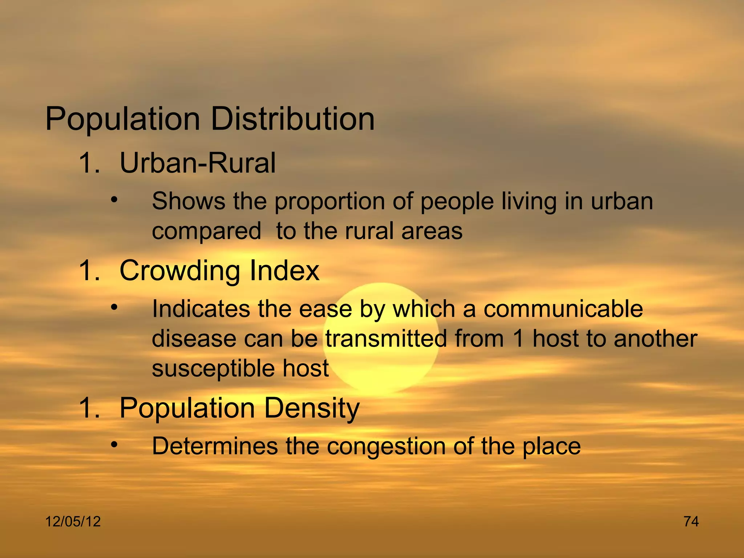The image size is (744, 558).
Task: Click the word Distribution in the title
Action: (x=292, y=119)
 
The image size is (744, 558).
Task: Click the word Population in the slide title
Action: (x=123, y=120)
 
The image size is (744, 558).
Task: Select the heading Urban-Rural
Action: (x=198, y=163)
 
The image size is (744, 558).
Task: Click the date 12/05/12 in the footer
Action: (x=73, y=522)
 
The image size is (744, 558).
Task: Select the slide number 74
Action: (x=691, y=522)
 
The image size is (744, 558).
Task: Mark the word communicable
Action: (x=563, y=309)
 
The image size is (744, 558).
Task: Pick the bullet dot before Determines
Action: (x=114, y=445)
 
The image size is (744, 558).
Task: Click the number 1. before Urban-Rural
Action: (x=89, y=163)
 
